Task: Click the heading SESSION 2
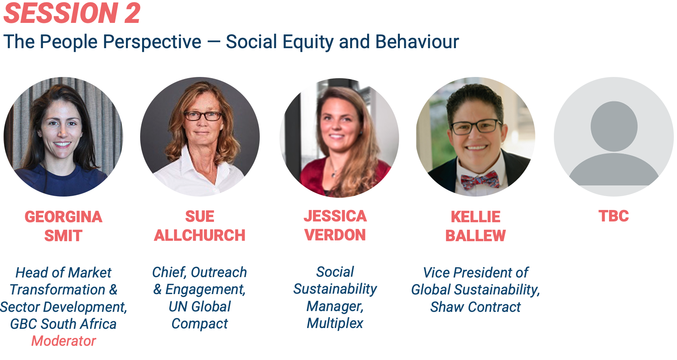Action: pyautogui.click(x=72, y=13)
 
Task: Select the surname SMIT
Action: pyautogui.click(x=63, y=236)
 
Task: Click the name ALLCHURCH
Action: pyautogui.click(x=200, y=236)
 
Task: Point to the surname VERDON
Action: pyautogui.click(x=335, y=235)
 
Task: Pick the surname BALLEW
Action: pyautogui.click(x=475, y=236)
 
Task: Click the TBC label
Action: pyautogui.click(x=613, y=216)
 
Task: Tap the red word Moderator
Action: pyautogui.click(x=64, y=341)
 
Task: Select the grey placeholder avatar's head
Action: pyautogui.click(x=614, y=126)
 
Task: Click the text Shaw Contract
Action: pyautogui.click(x=475, y=307)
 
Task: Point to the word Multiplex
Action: pyautogui.click(x=335, y=324)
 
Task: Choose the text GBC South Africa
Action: pyautogui.click(x=63, y=324)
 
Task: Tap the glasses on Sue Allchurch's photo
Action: pyautogui.click(x=203, y=116)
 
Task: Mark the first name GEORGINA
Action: pyautogui.click(x=63, y=217)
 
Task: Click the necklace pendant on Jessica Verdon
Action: pyautogui.click(x=334, y=174)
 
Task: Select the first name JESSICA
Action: pyautogui.click(x=335, y=216)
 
